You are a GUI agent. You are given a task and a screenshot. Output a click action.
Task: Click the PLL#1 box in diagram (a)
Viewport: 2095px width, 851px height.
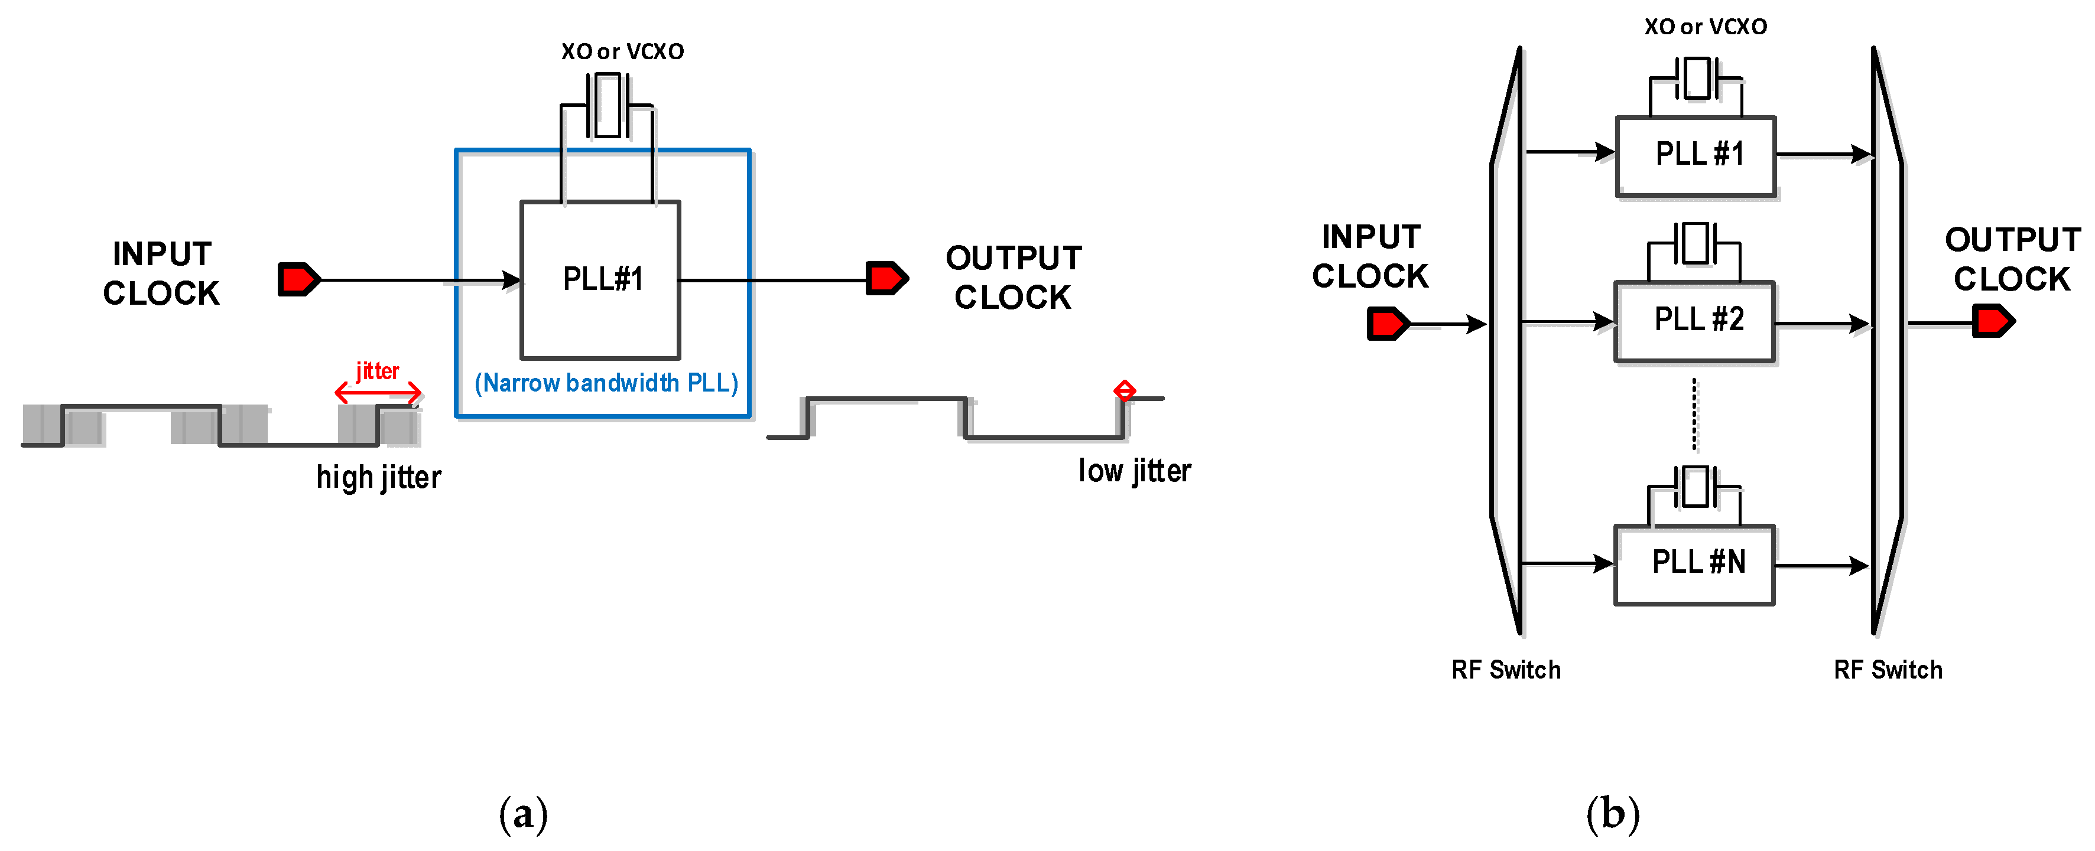[x=600, y=279]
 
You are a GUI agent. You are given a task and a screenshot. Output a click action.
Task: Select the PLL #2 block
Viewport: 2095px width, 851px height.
[x=1694, y=320]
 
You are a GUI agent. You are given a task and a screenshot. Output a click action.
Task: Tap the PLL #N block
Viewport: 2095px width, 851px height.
[x=1694, y=563]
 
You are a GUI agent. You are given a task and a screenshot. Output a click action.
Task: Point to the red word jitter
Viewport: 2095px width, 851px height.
[x=378, y=371]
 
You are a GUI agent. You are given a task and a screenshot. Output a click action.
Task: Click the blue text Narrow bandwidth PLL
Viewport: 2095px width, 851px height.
[x=606, y=383]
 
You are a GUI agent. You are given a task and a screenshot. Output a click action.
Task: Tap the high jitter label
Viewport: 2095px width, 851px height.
[x=378, y=477]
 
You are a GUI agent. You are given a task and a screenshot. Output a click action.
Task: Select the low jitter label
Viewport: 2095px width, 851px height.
[x=1135, y=471]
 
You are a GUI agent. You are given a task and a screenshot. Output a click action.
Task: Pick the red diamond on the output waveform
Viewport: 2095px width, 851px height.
[x=1125, y=391]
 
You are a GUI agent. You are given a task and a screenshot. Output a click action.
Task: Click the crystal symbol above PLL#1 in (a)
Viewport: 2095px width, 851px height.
[x=608, y=106]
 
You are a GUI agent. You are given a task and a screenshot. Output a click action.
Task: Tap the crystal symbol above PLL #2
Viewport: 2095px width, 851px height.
[x=1695, y=244]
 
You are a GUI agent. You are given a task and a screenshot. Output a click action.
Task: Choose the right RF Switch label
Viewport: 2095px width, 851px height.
[x=1888, y=670]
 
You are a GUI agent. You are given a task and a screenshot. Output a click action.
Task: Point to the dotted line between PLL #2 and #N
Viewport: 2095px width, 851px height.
[x=1695, y=415]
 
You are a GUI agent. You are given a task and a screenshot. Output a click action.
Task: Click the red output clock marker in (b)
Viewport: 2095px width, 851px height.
[x=1993, y=321]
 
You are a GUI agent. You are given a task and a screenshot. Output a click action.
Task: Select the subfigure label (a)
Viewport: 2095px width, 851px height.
[x=523, y=814]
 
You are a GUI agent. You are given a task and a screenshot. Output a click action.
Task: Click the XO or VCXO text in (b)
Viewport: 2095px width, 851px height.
[x=1706, y=27]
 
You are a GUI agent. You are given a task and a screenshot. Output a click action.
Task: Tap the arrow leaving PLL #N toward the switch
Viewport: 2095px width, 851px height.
[x=1822, y=565]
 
